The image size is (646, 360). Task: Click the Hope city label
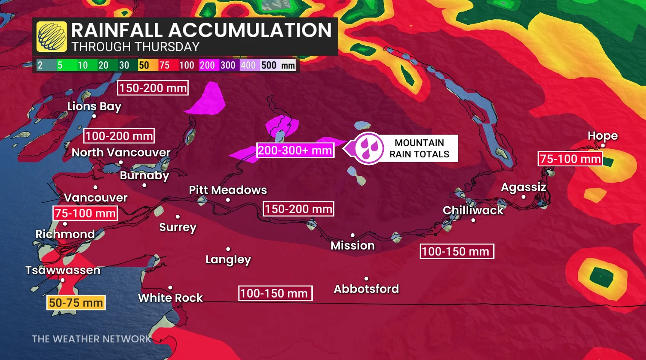(603, 136)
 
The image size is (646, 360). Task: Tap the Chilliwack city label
(473, 210)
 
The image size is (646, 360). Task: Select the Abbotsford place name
(366, 289)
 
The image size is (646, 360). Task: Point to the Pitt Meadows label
(228, 190)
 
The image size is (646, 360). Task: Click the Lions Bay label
(94, 107)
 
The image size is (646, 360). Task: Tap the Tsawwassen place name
(63, 270)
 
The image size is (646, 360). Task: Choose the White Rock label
(170, 298)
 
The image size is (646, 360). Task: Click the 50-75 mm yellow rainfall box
(76, 303)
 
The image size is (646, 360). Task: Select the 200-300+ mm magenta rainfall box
(295, 150)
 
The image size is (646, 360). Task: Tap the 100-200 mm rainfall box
(119, 136)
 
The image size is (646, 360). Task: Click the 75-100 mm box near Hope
(570, 159)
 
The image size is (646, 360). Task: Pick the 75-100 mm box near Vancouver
(85, 213)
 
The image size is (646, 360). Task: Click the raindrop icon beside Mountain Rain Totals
(368, 148)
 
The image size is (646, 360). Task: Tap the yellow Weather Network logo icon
(51, 37)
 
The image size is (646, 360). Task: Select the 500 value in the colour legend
(269, 65)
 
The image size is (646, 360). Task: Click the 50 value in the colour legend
(144, 65)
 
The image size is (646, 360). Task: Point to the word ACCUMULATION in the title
(250, 30)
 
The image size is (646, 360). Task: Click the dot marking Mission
(353, 235)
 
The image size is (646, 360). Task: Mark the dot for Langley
(228, 249)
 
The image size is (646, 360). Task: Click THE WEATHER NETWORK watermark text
(91, 339)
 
